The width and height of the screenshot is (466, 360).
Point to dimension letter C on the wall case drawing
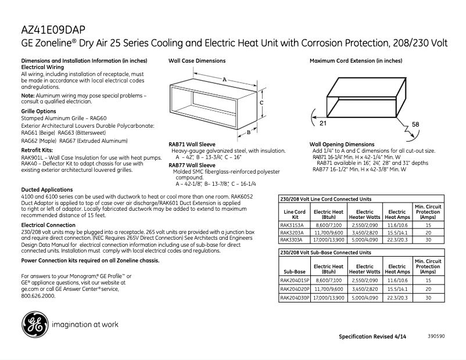click(x=262, y=102)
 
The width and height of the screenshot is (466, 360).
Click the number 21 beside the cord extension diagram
click(x=323, y=123)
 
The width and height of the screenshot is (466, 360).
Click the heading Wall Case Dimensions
click(x=197, y=61)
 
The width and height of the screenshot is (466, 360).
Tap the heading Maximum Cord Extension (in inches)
click(x=356, y=61)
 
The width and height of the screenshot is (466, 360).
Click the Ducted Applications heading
click(x=47, y=190)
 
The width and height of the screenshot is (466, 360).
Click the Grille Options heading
click(x=38, y=111)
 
